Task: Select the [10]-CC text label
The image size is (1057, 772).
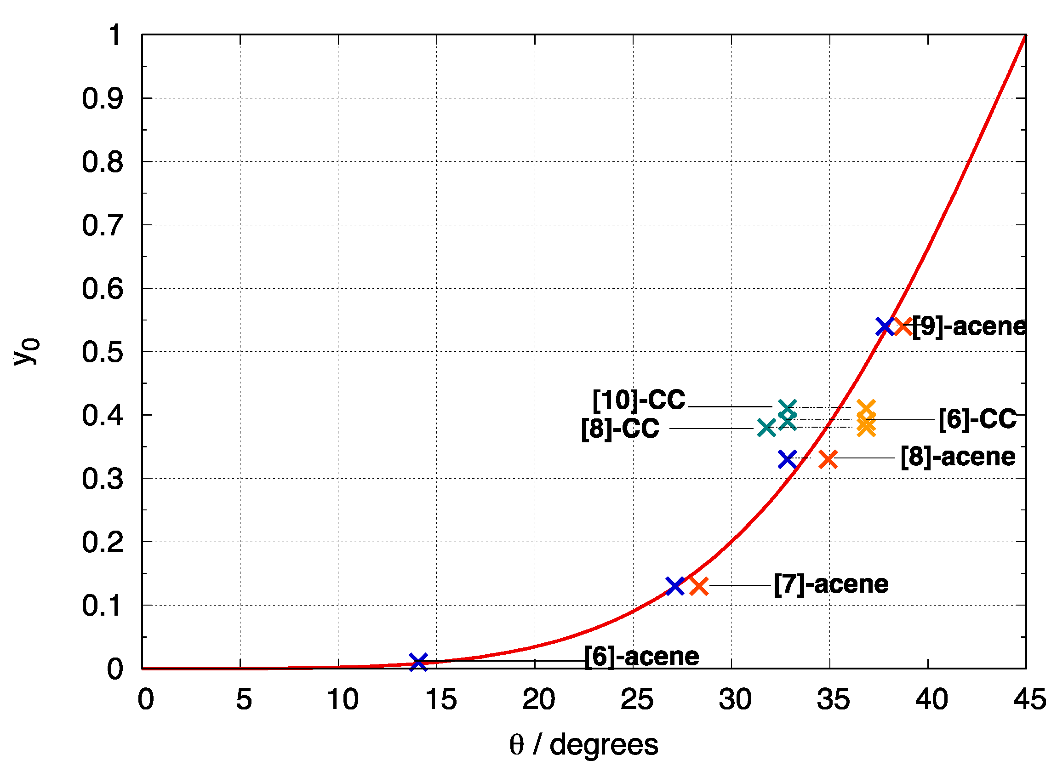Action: coord(638,400)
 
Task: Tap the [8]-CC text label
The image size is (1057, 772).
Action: coord(620,429)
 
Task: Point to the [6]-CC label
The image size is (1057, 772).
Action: coord(977,419)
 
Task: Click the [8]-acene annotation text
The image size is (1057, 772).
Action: coord(958,457)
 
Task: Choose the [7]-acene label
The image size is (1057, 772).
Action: coord(831,584)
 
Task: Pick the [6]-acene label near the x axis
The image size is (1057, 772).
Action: coord(642,657)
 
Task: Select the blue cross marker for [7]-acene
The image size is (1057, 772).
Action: coord(675,586)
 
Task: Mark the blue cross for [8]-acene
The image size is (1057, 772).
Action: coord(788,460)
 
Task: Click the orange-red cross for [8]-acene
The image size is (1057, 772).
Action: coord(828,460)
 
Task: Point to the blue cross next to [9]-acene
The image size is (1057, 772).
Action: coord(885,326)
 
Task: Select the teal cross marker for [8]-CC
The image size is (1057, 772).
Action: coord(766,428)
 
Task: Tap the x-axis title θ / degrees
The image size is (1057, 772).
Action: coord(583,745)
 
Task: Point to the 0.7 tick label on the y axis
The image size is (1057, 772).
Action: coord(103,226)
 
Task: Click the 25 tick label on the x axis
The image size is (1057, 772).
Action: coord(636,700)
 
